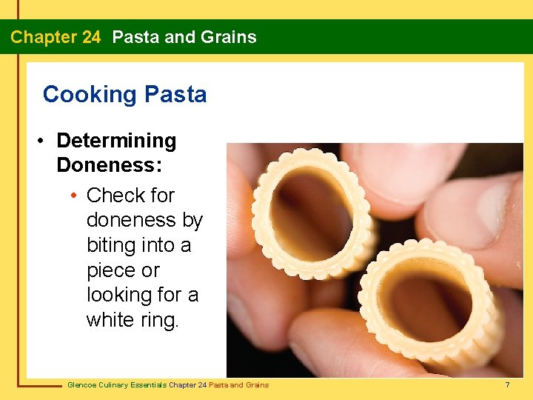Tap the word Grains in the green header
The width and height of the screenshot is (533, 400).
(229, 37)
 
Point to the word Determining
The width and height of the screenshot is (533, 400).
(116, 141)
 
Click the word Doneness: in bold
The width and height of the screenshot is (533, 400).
(109, 164)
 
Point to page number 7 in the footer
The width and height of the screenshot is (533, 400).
(507, 384)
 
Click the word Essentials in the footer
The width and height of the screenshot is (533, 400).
(149, 384)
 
